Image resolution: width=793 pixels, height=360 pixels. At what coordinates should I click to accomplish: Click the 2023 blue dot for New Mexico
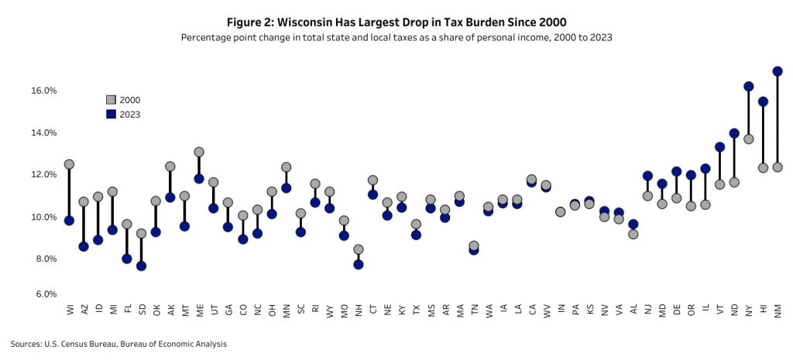(x=778, y=71)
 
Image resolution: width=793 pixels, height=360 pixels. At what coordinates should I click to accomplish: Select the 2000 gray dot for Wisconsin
(x=69, y=164)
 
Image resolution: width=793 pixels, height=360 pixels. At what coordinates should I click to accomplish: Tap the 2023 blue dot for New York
(x=749, y=87)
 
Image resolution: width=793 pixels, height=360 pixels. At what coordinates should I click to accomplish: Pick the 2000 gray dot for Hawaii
(x=763, y=168)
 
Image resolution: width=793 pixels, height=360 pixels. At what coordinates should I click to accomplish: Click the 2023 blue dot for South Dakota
(x=141, y=266)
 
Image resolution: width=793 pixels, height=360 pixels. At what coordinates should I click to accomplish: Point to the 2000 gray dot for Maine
(x=199, y=152)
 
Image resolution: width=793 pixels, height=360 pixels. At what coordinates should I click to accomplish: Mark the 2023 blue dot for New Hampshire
(x=358, y=264)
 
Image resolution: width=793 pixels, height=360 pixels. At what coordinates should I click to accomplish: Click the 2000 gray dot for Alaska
(x=170, y=166)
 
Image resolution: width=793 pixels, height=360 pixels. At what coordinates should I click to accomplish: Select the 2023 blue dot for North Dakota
(x=734, y=133)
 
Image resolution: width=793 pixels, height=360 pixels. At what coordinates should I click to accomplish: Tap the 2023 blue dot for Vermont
(x=719, y=147)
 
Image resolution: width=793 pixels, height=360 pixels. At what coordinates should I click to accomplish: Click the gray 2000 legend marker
(x=111, y=100)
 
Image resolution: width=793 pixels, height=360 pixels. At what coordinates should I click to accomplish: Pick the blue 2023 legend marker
(x=111, y=114)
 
